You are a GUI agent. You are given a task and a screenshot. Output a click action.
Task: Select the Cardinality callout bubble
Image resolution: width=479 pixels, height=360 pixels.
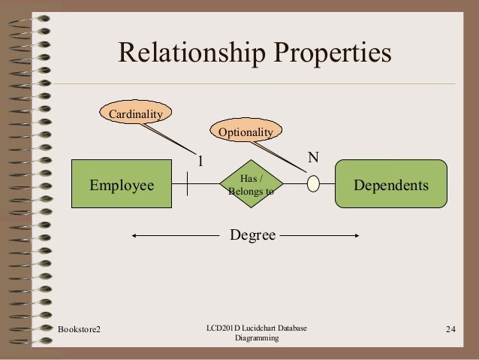[136, 113]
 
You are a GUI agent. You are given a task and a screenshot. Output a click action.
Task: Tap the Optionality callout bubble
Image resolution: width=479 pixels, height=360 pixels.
[246, 132]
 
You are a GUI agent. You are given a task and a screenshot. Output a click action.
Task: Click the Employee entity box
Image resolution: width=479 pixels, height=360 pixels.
[122, 185]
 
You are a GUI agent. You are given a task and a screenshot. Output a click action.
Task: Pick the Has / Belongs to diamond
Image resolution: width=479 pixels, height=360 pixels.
[250, 185]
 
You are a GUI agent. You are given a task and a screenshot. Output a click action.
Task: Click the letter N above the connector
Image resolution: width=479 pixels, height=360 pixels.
[314, 158]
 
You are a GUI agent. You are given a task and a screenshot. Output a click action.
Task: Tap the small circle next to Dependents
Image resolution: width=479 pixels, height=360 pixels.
[314, 185]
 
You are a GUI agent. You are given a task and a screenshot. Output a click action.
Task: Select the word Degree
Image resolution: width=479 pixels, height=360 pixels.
[252, 236]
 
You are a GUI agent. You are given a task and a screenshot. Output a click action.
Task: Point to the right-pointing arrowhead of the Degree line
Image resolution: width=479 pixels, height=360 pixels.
[358, 236]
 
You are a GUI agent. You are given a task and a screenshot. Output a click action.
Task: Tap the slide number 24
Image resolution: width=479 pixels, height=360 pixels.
[450, 329]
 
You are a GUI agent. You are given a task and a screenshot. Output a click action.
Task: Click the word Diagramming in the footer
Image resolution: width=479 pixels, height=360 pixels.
[256, 339]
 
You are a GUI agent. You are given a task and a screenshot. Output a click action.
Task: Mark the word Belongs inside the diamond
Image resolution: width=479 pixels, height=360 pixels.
[246, 191]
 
